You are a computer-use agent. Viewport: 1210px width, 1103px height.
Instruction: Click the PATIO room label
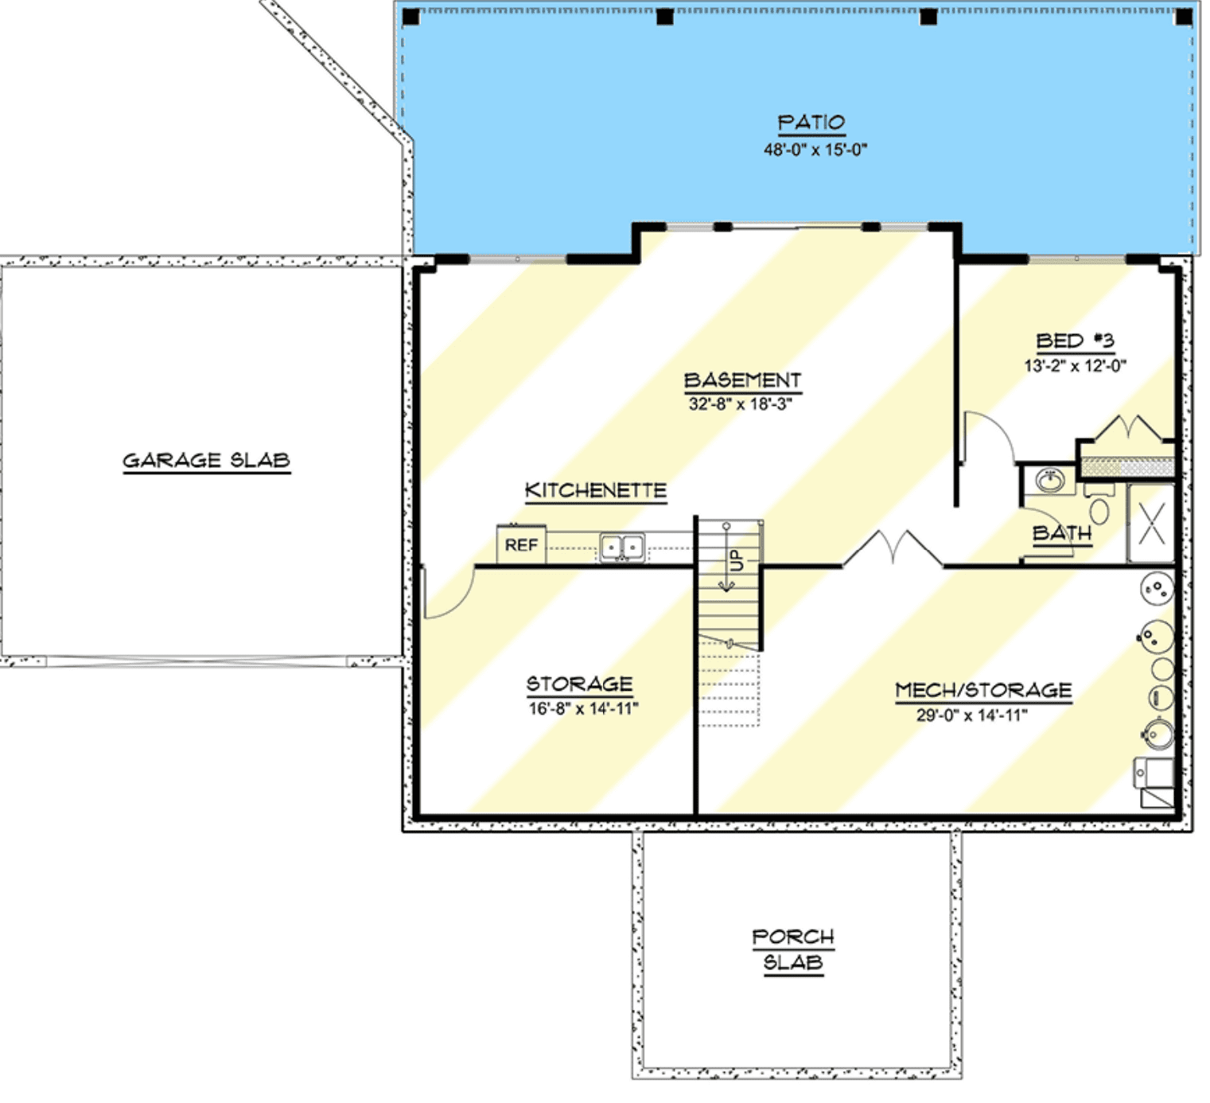(x=811, y=123)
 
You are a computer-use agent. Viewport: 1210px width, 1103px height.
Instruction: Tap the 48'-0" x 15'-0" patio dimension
(x=815, y=149)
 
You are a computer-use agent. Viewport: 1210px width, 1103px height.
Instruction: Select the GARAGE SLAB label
(x=206, y=461)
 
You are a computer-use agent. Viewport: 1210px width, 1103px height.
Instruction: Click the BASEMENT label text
(x=742, y=380)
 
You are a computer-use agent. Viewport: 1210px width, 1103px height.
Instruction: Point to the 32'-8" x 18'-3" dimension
(x=740, y=403)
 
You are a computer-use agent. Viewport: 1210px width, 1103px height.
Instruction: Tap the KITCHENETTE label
(x=596, y=490)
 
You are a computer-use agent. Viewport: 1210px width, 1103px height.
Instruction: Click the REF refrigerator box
(x=521, y=544)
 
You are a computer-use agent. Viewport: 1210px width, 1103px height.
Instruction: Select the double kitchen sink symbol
(x=622, y=548)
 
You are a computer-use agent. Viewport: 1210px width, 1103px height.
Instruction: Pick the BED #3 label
(x=1075, y=341)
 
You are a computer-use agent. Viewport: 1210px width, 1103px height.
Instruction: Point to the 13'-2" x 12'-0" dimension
(x=1075, y=365)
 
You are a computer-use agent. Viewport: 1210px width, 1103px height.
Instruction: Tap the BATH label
(x=1062, y=533)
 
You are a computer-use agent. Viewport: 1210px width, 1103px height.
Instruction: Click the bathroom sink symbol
(x=1050, y=481)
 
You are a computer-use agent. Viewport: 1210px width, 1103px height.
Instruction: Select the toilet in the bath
(x=1099, y=505)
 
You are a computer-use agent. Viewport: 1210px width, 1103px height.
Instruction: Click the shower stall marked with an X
(x=1151, y=523)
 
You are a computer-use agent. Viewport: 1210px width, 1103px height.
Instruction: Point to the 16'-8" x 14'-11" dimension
(x=583, y=708)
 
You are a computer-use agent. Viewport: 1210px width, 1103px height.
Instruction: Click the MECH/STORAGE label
(x=983, y=690)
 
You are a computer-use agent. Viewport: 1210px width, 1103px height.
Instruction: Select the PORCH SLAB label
(x=793, y=949)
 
